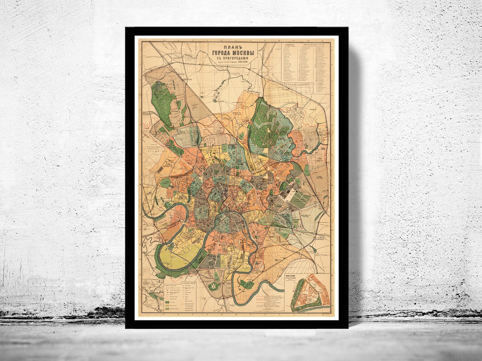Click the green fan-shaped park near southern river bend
247,285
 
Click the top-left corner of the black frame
126,28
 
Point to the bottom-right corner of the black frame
347,327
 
